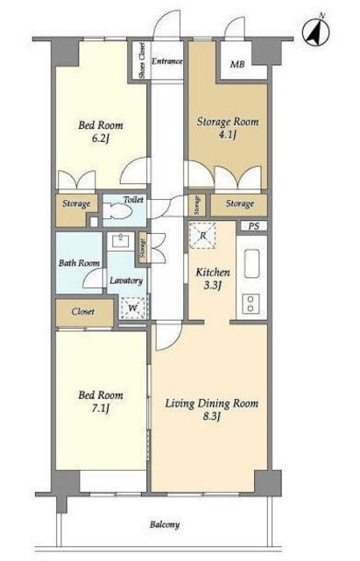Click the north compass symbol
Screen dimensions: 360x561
(x=315, y=32)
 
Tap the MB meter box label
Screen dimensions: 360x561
(x=237, y=64)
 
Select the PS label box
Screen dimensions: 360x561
(x=253, y=226)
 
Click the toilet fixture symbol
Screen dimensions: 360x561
(x=116, y=210)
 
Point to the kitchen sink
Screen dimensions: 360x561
(x=251, y=263)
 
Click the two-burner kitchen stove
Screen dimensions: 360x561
(x=251, y=303)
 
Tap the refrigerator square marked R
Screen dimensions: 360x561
(x=202, y=236)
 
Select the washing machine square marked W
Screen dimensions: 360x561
(x=133, y=308)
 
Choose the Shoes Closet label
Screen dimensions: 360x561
(x=142, y=60)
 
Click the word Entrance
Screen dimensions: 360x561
(x=167, y=61)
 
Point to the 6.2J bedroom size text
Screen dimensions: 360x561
(x=100, y=138)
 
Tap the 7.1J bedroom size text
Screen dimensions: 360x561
(x=101, y=408)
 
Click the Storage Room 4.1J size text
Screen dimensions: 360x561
(x=227, y=136)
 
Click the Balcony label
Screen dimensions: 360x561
(x=165, y=525)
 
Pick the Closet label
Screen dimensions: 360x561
(x=83, y=311)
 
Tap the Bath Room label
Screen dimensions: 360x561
(x=79, y=263)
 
